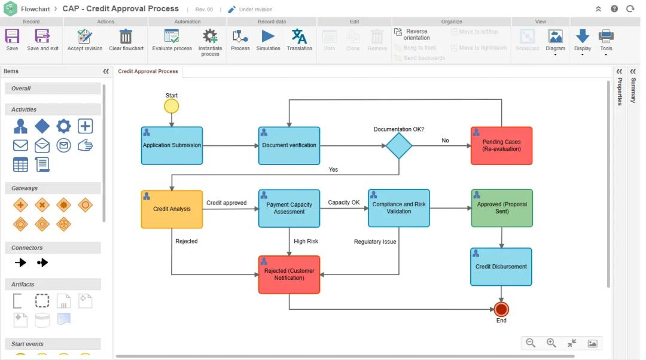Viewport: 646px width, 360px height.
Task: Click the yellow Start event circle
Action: (172, 106)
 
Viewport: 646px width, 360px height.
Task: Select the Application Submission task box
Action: (172, 145)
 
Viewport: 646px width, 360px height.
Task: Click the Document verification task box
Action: (289, 145)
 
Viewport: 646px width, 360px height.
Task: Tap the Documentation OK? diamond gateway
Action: (398, 145)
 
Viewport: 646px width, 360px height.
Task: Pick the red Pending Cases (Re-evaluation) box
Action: (501, 145)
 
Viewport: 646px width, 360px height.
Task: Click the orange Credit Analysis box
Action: (172, 209)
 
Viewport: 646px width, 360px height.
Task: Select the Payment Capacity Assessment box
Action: (289, 208)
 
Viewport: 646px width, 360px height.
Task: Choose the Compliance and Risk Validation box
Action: (398, 208)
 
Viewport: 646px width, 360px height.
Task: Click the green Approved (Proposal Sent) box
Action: (501, 208)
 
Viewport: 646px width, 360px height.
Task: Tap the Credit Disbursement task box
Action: (501, 267)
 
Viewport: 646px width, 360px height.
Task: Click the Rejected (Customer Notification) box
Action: (289, 274)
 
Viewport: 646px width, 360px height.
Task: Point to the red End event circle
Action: (501, 309)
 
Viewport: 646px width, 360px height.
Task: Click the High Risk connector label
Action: (306, 242)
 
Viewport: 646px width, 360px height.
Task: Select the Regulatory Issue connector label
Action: (375, 242)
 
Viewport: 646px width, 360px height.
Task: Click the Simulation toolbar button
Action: (268, 39)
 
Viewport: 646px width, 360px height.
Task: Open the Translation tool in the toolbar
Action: (299, 39)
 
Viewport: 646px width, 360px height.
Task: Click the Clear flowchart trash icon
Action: (126, 39)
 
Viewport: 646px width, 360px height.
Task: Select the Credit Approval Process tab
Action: (148, 72)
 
